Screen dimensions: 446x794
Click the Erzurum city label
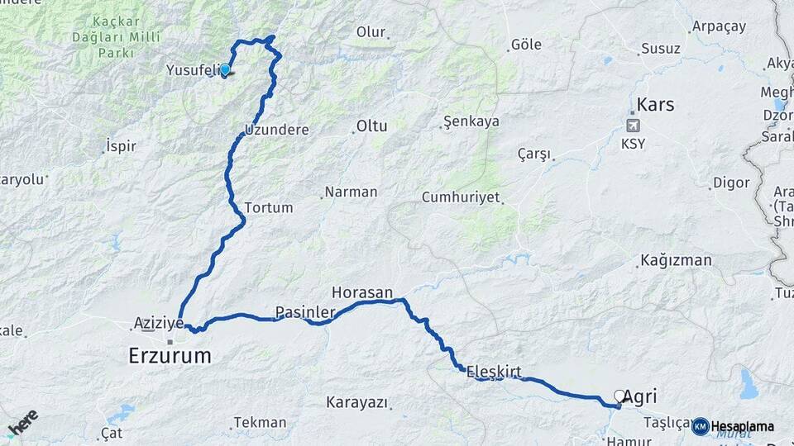point(170,356)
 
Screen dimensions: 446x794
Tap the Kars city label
point(654,105)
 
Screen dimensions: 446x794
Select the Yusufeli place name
point(191,70)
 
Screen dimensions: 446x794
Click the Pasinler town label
point(304,312)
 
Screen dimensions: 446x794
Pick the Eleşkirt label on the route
point(494,371)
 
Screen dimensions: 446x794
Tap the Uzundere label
point(277,130)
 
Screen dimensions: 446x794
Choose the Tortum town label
point(269,207)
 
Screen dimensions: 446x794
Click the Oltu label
point(371,126)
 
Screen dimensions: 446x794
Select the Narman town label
point(351,192)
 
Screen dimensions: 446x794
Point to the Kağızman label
point(676,261)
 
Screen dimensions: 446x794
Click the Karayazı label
point(356,402)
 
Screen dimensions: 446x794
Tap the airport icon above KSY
point(634,126)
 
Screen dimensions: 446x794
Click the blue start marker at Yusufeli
point(224,70)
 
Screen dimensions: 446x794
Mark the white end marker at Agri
point(619,396)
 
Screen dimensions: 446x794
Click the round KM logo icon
point(700,426)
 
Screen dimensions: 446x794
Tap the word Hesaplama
point(743,426)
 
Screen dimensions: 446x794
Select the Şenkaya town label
point(471,121)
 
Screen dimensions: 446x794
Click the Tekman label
point(260,421)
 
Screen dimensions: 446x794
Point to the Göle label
point(527,45)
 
